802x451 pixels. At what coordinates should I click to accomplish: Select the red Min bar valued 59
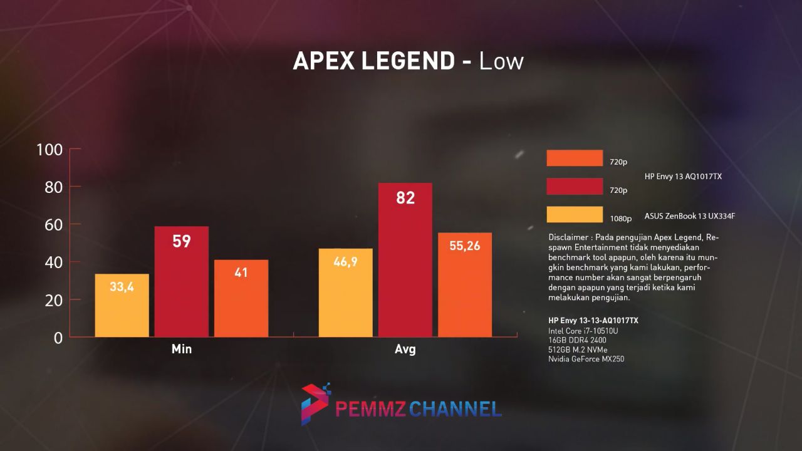point(182,281)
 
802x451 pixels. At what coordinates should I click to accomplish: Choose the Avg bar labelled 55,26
point(465,284)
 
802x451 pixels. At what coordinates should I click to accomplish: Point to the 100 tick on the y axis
point(49,150)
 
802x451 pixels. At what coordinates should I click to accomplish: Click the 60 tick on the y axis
point(49,225)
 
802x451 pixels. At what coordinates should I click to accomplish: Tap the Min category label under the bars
point(182,349)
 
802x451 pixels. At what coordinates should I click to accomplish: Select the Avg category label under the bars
point(405,350)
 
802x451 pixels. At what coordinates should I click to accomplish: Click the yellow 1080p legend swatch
point(575,215)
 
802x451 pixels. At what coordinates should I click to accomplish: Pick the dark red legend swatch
point(575,187)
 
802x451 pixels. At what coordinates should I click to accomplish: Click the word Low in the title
point(501,61)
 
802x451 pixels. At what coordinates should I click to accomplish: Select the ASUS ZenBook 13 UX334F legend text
point(689,217)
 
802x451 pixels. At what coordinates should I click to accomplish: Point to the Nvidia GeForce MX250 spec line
point(586,359)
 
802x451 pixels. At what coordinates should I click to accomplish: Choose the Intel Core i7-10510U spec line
point(583,330)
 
